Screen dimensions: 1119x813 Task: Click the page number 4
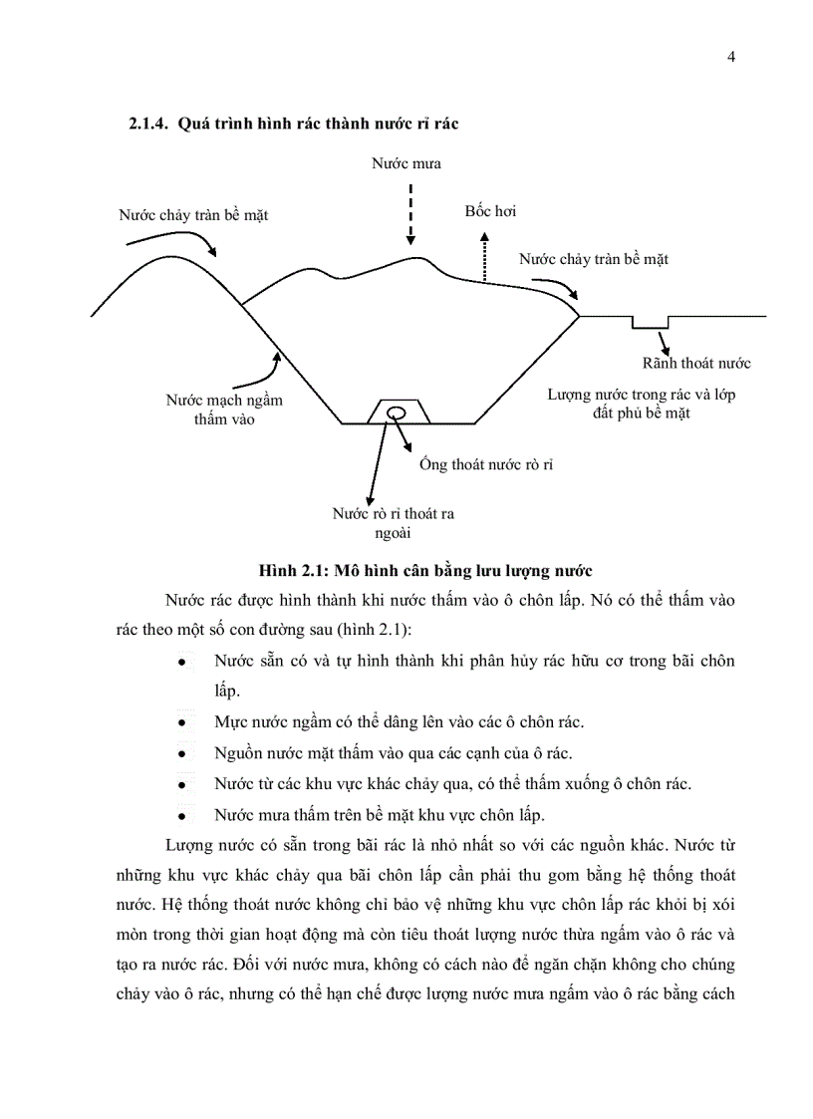(x=731, y=57)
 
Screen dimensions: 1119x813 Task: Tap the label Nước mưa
(x=406, y=162)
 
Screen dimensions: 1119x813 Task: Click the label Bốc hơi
(x=490, y=212)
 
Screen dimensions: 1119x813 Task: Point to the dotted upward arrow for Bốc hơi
(x=485, y=257)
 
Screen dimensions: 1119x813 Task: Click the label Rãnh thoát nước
(x=696, y=363)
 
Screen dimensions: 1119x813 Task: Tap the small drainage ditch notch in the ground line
(x=651, y=322)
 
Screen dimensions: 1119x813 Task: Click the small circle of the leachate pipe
(x=396, y=413)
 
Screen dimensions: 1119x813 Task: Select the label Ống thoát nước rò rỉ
(x=485, y=465)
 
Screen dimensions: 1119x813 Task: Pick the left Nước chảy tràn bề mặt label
(x=193, y=214)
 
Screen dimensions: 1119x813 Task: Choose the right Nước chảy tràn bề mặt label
(x=593, y=259)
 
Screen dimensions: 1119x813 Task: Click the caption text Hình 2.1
(x=287, y=571)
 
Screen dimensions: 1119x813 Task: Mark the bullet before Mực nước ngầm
(x=182, y=722)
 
